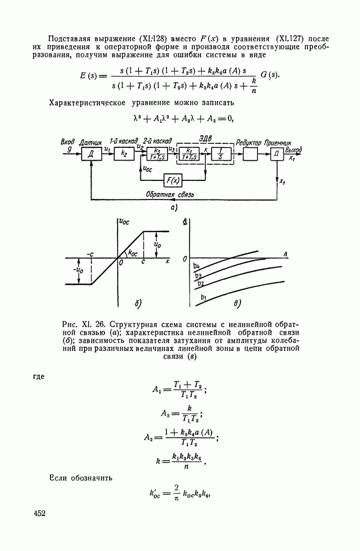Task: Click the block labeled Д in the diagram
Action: [x=92, y=153]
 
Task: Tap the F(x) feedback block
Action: [x=172, y=181]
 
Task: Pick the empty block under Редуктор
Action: [x=250, y=153]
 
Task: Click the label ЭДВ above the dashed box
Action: [x=204, y=137]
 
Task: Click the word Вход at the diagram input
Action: [x=67, y=142]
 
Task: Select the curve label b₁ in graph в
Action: [x=203, y=298]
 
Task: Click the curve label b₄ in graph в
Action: [x=197, y=266]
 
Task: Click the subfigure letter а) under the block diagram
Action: [x=173, y=206]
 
